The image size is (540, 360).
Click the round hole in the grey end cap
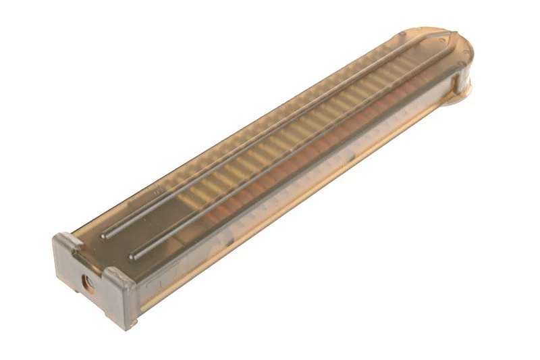[86, 280]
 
